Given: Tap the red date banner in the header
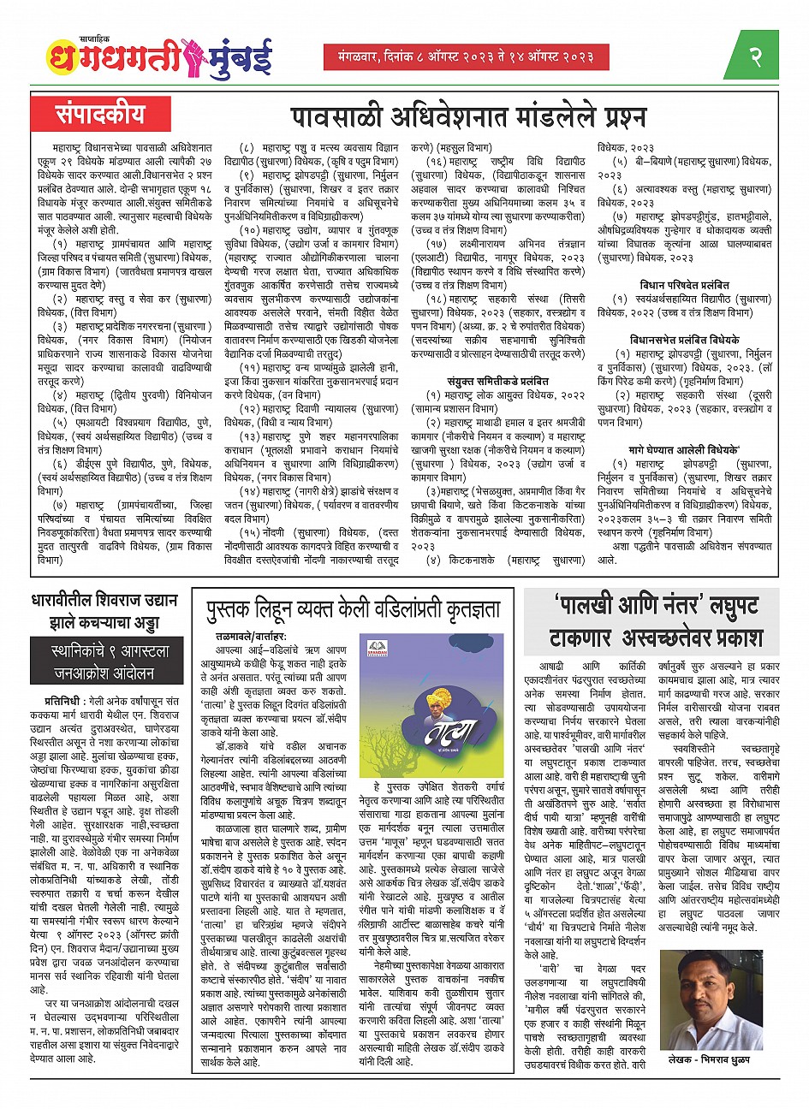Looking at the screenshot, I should [x=467, y=56].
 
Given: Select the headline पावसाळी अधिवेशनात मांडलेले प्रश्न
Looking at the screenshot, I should [x=467, y=116].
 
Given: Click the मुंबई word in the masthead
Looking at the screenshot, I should [x=256, y=56].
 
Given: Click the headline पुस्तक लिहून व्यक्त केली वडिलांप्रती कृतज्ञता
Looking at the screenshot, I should [x=353, y=610].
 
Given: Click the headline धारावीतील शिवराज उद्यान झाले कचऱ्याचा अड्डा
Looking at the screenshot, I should [x=107, y=611].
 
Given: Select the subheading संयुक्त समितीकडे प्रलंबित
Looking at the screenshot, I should [x=497, y=382].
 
